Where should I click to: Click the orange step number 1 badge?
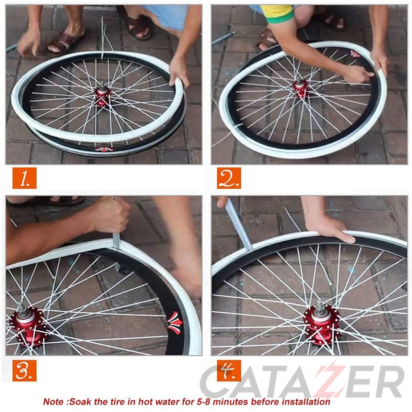point(24,178)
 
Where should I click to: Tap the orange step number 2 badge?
point(229,178)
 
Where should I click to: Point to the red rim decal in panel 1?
point(104,149)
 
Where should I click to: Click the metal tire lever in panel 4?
point(239,225)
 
